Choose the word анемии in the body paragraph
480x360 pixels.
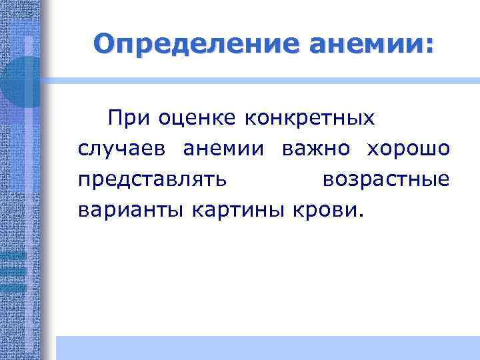[x=223, y=149]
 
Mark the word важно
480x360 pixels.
[x=315, y=149]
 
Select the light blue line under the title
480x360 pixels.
[x=267, y=79]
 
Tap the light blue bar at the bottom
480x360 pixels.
[x=267, y=347]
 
